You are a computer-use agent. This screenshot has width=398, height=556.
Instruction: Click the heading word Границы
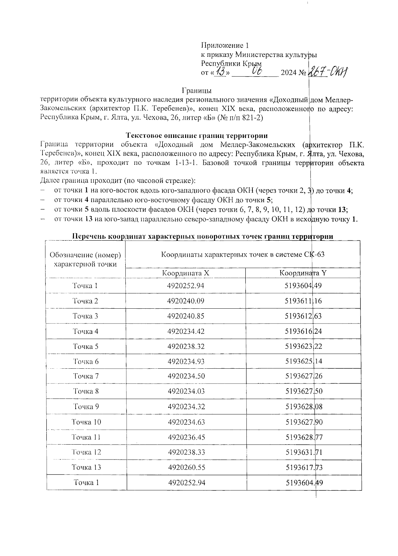[197, 91]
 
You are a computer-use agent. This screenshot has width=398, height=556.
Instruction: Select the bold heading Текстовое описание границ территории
[197, 135]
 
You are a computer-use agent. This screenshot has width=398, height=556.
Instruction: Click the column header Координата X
[186, 273]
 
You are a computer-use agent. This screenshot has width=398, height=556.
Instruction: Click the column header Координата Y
[303, 273]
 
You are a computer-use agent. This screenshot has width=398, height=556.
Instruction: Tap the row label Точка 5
[86, 346]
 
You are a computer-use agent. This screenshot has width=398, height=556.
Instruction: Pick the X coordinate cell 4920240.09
[186, 301]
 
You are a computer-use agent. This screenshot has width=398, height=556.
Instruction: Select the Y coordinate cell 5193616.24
[303, 331]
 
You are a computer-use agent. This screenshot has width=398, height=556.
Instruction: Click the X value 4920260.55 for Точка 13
[186, 467]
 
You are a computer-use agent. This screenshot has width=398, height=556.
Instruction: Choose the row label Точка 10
[86, 422]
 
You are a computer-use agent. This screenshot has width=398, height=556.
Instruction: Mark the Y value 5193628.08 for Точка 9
[303, 407]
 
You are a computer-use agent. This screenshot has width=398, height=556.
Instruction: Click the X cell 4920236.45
[186, 437]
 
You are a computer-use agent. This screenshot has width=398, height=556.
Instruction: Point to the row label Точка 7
[86, 376]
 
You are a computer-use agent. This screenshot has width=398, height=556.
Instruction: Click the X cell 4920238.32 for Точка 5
[186, 346]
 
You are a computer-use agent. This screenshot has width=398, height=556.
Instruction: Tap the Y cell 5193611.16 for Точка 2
[303, 301]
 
